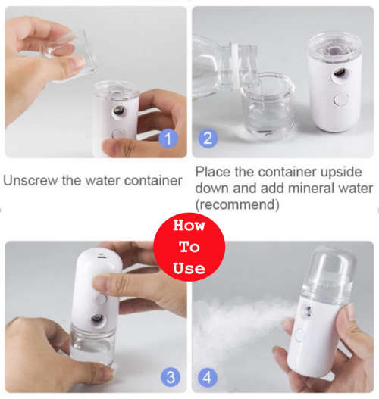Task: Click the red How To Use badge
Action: coord(189,246)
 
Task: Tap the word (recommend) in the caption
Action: coord(238,204)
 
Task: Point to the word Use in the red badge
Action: coord(189,267)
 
